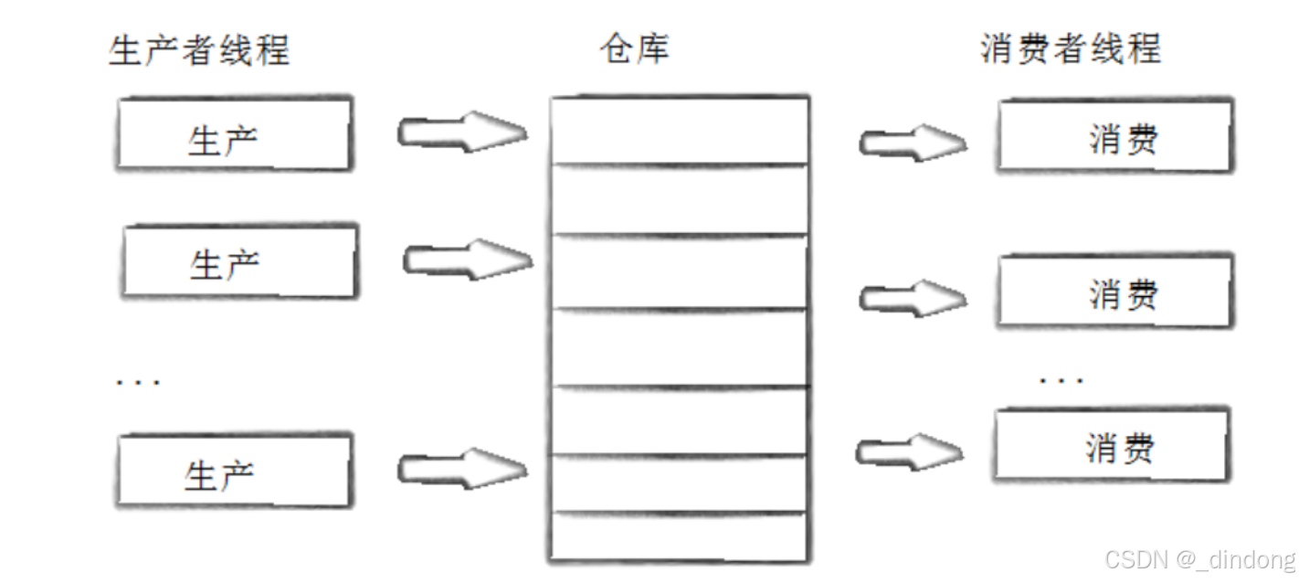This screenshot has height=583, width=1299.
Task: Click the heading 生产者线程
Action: tap(199, 50)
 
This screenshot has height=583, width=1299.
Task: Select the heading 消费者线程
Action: tap(1070, 49)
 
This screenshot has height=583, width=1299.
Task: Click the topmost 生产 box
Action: tap(234, 134)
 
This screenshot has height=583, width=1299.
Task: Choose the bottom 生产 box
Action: tap(234, 472)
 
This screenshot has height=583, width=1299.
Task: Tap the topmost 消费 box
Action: tap(1114, 138)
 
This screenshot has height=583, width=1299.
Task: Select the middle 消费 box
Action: tap(1114, 292)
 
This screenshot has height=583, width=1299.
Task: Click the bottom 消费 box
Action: tap(1111, 446)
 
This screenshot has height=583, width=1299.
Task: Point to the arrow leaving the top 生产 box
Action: tap(461, 132)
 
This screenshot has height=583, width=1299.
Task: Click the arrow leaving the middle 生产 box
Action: tap(468, 260)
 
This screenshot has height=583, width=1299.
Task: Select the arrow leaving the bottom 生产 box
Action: tap(462, 469)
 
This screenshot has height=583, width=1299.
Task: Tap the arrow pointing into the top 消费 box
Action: tap(912, 143)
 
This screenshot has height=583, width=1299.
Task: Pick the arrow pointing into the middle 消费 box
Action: tap(912, 297)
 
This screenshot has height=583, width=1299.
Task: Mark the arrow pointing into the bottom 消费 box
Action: tap(909, 450)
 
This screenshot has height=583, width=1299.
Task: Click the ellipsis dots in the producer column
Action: tap(138, 381)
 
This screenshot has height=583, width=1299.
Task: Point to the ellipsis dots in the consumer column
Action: tap(1061, 378)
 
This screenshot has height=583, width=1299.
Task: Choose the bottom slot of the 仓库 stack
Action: tap(679, 537)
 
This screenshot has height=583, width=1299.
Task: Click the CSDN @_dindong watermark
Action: tap(1199, 558)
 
